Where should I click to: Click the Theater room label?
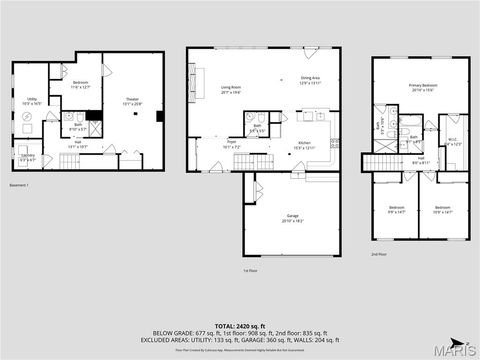click(132, 99)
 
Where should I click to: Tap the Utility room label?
click(32, 99)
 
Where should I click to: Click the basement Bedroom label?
click(81, 84)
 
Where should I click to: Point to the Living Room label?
click(231, 89)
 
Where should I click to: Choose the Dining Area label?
click(310, 81)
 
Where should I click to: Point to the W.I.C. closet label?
click(452, 140)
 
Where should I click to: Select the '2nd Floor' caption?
click(378, 254)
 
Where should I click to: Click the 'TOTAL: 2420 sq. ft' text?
click(240, 326)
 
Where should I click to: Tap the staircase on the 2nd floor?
click(379, 164)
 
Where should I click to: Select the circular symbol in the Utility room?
click(27, 118)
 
